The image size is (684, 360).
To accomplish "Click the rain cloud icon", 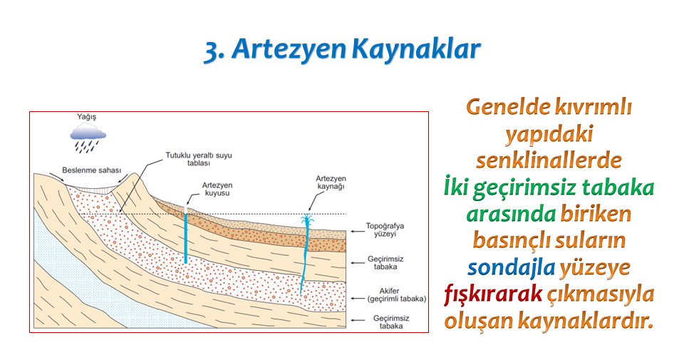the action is (88, 137).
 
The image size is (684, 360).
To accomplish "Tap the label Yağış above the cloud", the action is (86, 117).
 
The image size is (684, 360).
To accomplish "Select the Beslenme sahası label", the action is (92, 170).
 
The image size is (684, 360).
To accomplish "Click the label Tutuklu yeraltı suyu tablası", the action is (199, 159).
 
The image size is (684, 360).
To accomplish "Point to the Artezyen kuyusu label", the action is (217, 190).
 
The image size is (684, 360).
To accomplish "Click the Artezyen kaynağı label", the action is (331, 182).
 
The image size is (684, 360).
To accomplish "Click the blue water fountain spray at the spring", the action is (308, 220).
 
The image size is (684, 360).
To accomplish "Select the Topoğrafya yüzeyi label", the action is (385, 230).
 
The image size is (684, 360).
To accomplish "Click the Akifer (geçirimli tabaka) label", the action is (396, 295).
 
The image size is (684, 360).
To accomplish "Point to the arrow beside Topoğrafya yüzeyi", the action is (358, 231).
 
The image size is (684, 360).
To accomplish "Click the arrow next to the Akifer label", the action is (358, 299).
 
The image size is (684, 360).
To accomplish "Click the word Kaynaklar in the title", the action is (416, 49).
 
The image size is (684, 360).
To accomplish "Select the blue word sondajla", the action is (511, 267).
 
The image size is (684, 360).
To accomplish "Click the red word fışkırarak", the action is (493, 293).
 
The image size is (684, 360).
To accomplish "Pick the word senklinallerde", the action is (549, 160).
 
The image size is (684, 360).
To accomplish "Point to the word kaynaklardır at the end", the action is (586, 320).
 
